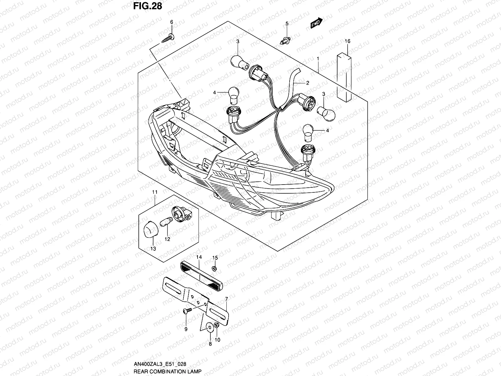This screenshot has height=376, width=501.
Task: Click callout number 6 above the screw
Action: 171,22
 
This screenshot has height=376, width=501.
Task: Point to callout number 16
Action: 348,41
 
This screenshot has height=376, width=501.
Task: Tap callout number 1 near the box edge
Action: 318,59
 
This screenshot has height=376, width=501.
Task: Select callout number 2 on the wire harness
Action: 307,83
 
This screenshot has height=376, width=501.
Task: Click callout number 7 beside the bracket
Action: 226,299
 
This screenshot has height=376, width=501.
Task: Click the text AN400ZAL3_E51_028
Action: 160,364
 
